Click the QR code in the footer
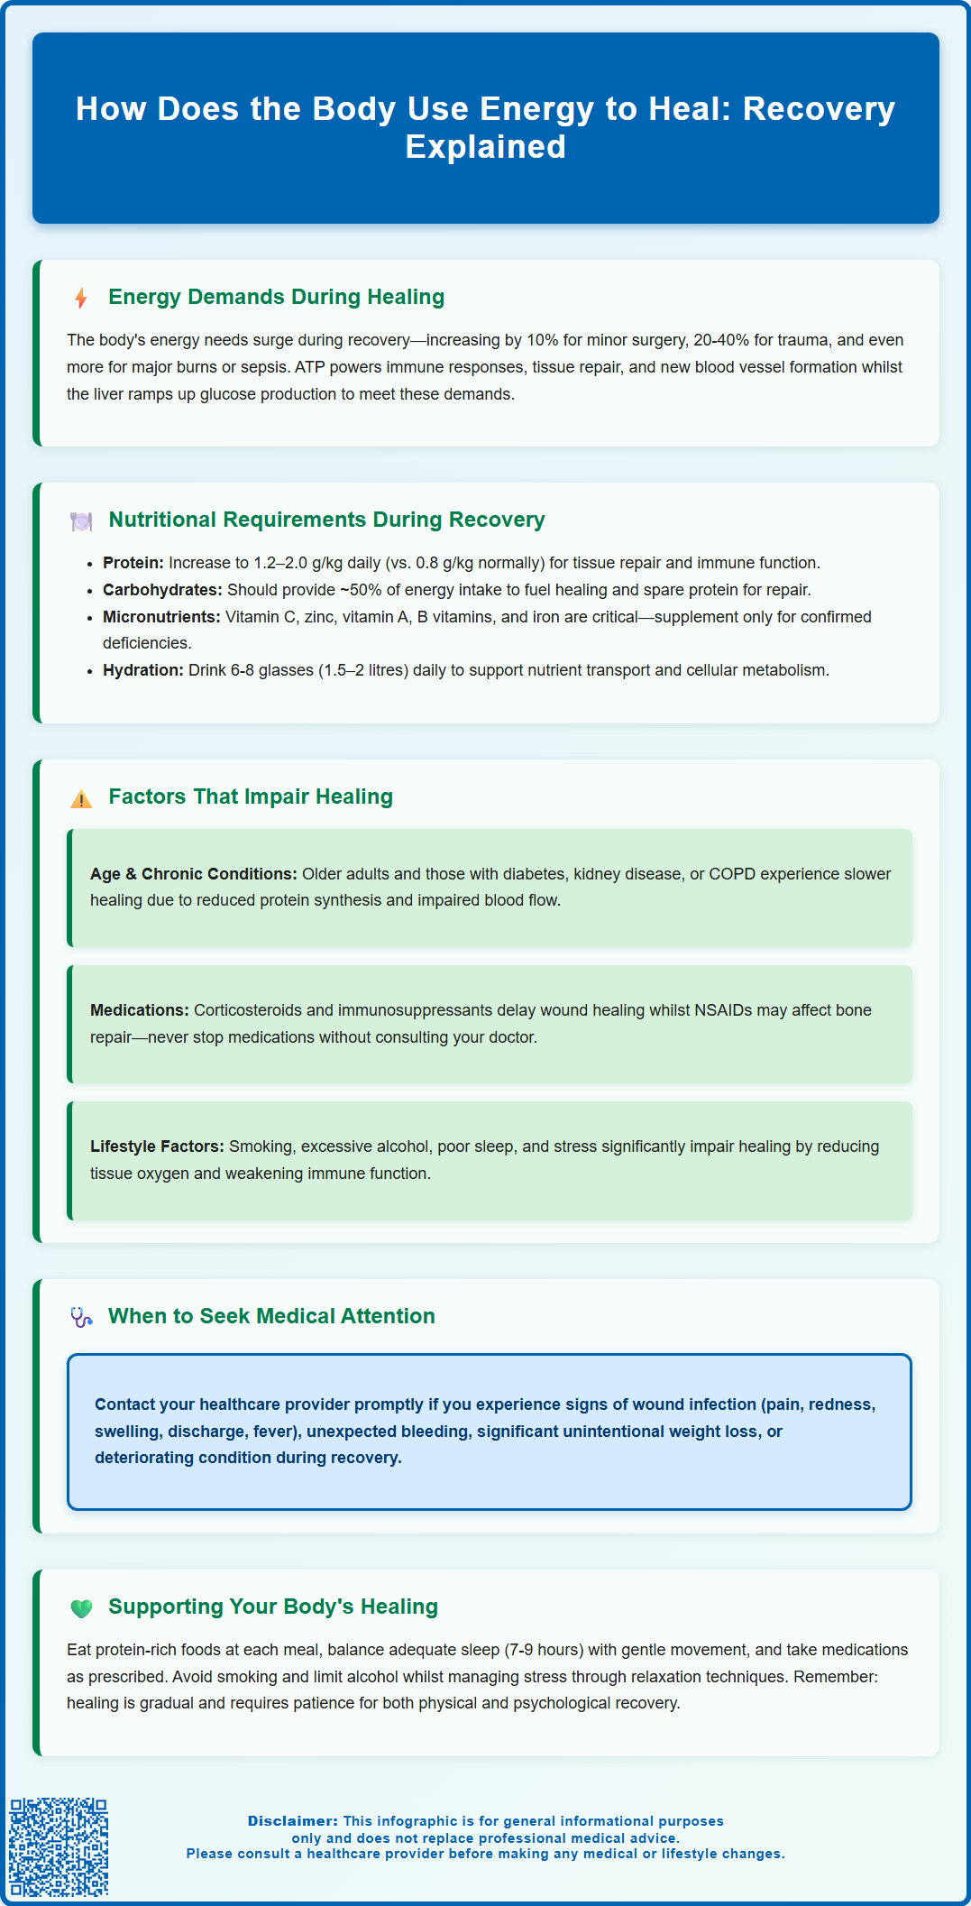point(59,1846)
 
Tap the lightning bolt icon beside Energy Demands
point(81,298)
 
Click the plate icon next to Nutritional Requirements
point(81,520)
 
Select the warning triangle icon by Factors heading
point(81,798)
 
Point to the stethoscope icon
point(81,1317)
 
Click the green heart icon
point(81,1607)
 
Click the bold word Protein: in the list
point(133,563)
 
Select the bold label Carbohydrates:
point(162,590)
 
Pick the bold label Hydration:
point(143,670)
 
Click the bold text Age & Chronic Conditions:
point(193,874)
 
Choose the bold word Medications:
point(140,1010)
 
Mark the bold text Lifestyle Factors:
point(157,1146)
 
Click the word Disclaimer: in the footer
point(293,1821)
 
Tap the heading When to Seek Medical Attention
point(271,1316)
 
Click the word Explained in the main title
point(485,147)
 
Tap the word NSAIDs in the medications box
point(723,1010)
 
